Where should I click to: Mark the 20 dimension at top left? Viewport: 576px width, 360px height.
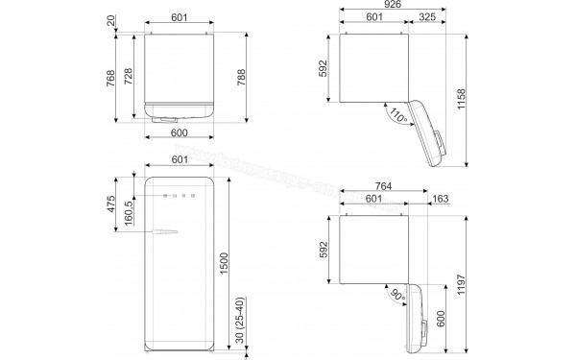[112, 20]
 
